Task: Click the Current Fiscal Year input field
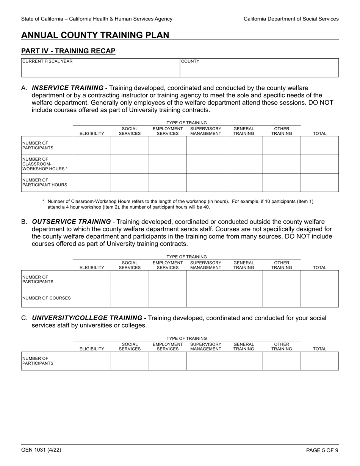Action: tap(100, 70)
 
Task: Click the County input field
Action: tap(259, 70)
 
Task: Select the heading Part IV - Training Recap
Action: tap(68, 51)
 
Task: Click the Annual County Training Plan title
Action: tap(95, 35)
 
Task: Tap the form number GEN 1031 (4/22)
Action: tap(41, 450)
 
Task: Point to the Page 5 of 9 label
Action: tap(322, 450)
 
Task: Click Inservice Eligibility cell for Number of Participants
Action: tap(92, 145)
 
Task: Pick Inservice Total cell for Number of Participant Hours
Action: tap(319, 183)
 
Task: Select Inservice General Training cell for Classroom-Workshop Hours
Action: tap(244, 164)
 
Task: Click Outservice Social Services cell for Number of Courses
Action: tap(130, 298)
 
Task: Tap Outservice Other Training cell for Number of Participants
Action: tap(282, 280)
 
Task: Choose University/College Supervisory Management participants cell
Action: tap(205, 361)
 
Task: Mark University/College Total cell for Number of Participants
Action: tap(319, 361)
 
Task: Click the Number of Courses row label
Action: tap(47, 298)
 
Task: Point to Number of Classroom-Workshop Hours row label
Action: tap(45, 164)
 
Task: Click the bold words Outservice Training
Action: tap(71, 222)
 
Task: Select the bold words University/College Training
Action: tap(87, 318)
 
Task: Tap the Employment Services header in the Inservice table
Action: tap(167, 131)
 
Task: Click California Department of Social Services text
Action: tap(291, 19)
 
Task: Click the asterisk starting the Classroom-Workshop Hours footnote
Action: tap(43, 202)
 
